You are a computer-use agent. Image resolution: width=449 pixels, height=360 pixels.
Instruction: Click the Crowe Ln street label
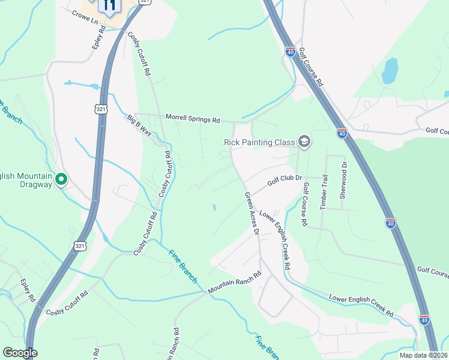click(x=85, y=17)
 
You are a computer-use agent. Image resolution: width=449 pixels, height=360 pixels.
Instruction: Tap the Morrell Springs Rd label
click(x=193, y=119)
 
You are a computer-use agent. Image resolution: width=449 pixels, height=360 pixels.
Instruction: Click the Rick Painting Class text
click(x=259, y=142)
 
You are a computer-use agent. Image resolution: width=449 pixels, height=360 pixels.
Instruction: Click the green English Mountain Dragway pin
click(x=61, y=179)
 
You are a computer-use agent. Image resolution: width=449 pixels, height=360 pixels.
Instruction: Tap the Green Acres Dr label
click(x=252, y=213)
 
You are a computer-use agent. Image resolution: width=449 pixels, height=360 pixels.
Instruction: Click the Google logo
click(x=20, y=353)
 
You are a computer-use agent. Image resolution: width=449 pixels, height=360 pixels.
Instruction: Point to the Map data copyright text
click(x=423, y=355)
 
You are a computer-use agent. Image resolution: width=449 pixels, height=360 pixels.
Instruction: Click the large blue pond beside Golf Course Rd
click(x=390, y=71)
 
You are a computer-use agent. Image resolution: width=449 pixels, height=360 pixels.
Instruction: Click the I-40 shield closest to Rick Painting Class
click(x=342, y=133)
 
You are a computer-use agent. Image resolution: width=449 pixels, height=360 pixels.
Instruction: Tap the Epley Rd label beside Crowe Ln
click(x=99, y=37)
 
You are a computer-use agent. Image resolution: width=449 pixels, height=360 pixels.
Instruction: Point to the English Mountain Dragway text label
click(x=27, y=178)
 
